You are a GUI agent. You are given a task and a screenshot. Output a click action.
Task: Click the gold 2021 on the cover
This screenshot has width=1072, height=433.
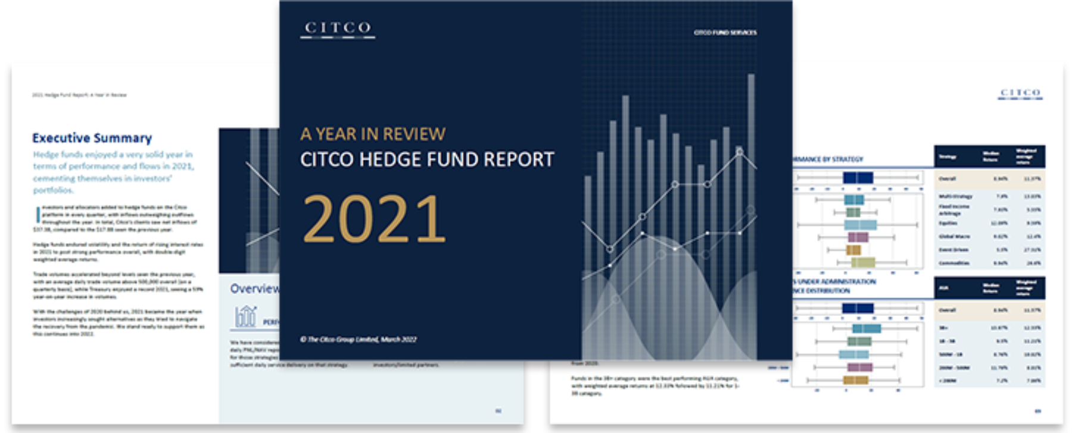[x=374, y=219]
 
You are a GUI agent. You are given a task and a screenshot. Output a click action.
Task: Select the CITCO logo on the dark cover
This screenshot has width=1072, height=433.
[x=338, y=28]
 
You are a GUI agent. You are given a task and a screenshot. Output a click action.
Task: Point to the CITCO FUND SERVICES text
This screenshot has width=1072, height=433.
[x=725, y=33]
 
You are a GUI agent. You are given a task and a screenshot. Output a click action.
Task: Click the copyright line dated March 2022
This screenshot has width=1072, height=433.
[x=358, y=340]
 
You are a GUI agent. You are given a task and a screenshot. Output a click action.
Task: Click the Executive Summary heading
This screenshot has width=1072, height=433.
[x=92, y=138]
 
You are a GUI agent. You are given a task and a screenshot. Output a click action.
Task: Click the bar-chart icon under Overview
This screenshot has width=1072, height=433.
[x=245, y=316]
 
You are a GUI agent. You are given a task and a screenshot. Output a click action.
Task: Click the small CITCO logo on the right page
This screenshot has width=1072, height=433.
[x=1020, y=93]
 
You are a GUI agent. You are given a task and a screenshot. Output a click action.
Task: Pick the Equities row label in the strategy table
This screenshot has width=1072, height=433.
[x=948, y=223]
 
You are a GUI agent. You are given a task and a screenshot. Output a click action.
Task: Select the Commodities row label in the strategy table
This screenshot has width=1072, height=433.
[x=954, y=263]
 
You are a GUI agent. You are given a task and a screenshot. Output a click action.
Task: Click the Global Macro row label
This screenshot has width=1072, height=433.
[x=954, y=236]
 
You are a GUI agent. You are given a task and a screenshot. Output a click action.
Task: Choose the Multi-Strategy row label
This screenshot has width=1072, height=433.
[x=955, y=196]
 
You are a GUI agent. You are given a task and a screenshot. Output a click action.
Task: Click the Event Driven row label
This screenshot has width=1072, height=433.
[x=953, y=250]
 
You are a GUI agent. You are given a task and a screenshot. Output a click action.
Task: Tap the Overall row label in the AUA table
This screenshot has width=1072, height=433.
[x=947, y=310]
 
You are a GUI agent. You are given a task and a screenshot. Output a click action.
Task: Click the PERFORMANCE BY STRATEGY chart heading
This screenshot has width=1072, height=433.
[x=828, y=159]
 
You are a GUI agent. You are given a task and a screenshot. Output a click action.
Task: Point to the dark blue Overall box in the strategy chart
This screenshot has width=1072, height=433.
[x=858, y=178]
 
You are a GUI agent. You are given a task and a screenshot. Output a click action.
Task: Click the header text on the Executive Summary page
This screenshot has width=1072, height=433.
[x=79, y=95]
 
